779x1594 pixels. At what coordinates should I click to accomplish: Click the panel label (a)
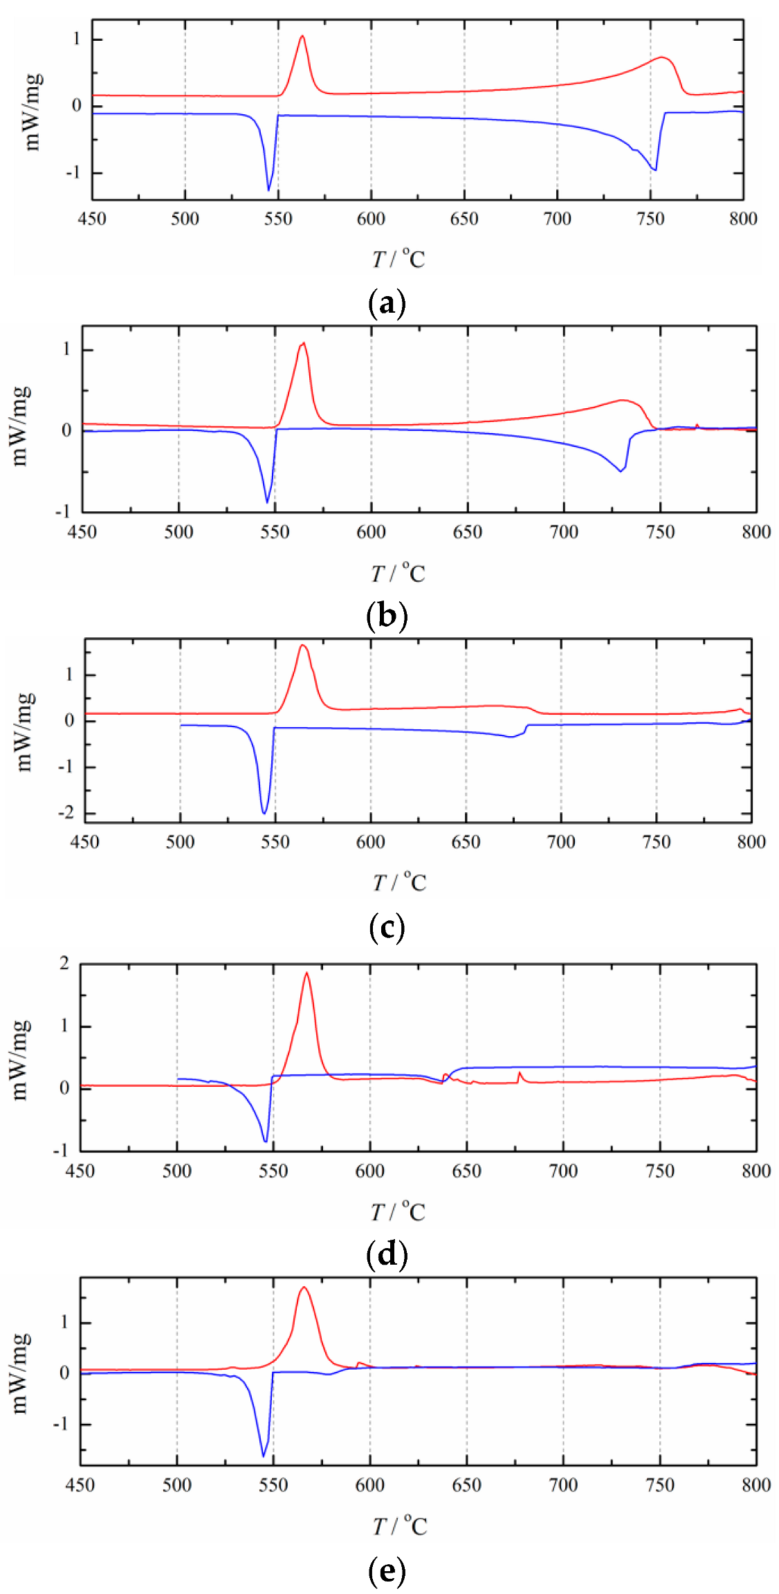(387, 304)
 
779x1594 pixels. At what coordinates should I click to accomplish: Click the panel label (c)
(387, 927)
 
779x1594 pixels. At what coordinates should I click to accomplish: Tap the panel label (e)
(387, 1571)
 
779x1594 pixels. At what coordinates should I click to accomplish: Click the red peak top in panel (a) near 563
(302, 36)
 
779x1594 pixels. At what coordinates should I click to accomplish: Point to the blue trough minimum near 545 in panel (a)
(268, 190)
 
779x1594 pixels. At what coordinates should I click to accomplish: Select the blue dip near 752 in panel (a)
(654, 170)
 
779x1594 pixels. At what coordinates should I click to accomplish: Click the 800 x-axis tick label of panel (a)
(743, 219)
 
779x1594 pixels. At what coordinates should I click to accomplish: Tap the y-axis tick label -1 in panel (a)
(73, 172)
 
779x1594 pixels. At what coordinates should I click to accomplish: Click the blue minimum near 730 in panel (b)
(621, 471)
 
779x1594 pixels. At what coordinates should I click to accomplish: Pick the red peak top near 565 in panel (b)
(303, 343)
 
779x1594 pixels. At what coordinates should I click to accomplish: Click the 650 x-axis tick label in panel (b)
(467, 531)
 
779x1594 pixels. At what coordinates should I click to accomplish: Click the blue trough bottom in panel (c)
(264, 813)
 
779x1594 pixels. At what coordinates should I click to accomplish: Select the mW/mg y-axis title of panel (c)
(23, 731)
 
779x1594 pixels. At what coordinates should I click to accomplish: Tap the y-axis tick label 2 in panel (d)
(64, 963)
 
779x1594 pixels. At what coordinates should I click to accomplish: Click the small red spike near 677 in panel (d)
(519, 1073)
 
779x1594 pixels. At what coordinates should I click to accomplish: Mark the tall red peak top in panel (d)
(306, 973)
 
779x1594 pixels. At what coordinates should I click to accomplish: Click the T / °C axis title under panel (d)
(398, 1211)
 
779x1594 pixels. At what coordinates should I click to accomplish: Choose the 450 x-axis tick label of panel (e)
(80, 1484)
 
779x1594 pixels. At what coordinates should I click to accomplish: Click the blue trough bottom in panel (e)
(263, 1456)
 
